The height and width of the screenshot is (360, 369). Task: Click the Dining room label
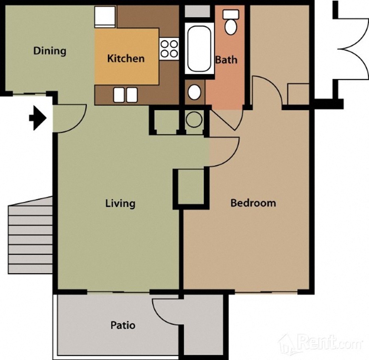(50, 51)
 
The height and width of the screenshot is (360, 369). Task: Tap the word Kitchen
(126, 58)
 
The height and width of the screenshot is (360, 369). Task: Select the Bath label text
(226, 60)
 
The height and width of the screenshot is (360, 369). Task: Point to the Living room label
(120, 204)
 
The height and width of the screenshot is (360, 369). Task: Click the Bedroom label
(253, 203)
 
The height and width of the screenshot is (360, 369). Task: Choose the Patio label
(123, 326)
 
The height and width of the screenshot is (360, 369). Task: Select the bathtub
(199, 49)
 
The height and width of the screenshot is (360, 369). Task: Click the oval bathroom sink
(194, 92)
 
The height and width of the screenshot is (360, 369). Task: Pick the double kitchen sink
(125, 95)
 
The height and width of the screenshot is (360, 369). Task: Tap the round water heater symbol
(194, 119)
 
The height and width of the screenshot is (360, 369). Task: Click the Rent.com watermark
(322, 343)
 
